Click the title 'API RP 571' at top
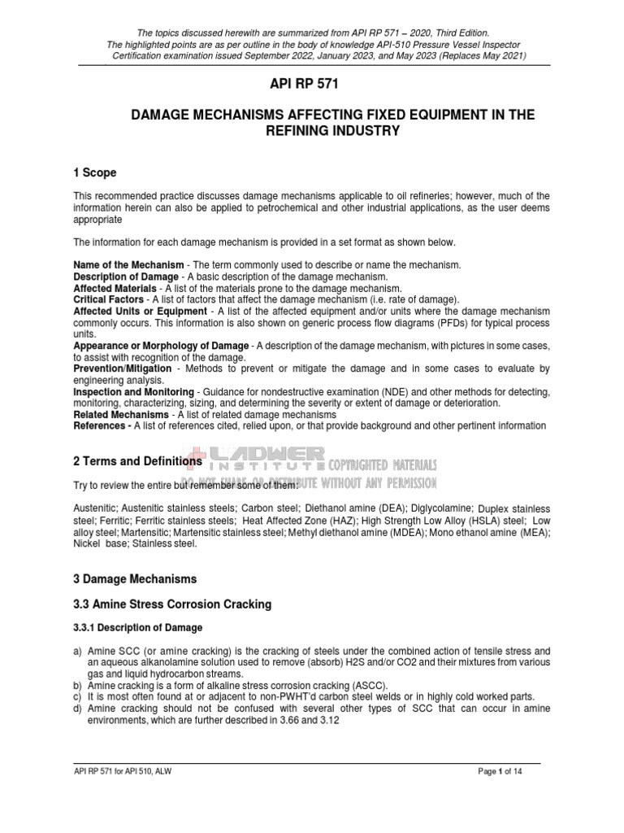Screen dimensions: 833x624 point(312,83)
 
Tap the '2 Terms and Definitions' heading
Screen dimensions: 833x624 point(137,461)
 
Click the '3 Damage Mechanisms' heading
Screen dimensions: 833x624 point(134,579)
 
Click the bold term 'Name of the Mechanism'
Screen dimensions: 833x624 point(127,265)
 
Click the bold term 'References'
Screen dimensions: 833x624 point(101,426)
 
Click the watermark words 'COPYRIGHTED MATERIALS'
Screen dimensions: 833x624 point(383,464)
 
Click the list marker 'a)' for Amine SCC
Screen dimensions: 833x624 point(78,652)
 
